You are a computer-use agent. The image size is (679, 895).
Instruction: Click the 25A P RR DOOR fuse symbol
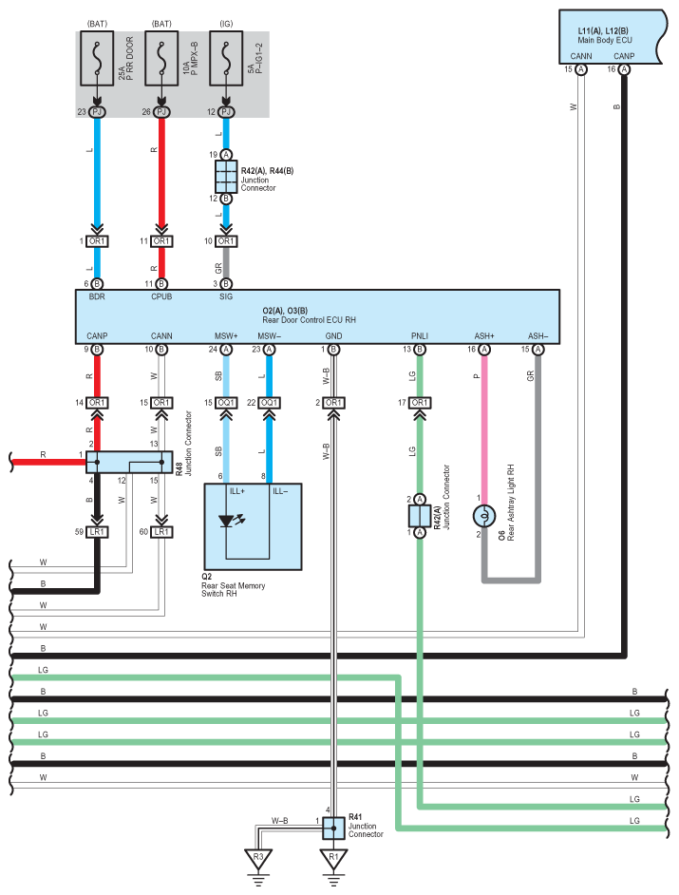coord(97,58)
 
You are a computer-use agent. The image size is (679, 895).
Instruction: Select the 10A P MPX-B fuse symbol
coord(161,58)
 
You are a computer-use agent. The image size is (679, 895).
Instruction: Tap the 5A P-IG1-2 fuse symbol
coord(226,58)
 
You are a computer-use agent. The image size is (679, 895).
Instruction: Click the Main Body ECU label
coord(605,40)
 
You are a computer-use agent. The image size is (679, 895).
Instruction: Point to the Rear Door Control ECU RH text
coord(309,320)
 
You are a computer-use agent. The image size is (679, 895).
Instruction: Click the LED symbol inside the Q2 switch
coord(231,520)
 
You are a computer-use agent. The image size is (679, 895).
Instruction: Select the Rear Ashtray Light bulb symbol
coord(484,516)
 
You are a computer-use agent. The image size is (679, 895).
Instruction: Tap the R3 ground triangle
coord(258,858)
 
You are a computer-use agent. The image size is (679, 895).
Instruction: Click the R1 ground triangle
coord(333,858)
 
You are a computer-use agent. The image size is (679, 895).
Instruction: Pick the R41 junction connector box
coord(333,828)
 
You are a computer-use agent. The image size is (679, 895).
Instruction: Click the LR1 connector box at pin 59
coord(97,532)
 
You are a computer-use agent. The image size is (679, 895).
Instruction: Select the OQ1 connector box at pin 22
coord(270,403)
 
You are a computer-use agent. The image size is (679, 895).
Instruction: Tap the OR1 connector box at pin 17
coord(420,403)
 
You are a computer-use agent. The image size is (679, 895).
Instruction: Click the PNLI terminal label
coord(420,336)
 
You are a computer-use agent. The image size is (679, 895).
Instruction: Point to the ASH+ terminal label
coord(484,336)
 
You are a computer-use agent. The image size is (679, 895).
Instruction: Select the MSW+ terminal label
coord(226,336)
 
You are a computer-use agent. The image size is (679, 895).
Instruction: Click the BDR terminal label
coord(97,296)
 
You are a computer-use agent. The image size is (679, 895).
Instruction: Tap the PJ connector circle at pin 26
coord(161,112)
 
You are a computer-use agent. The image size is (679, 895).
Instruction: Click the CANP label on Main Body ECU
coord(624,56)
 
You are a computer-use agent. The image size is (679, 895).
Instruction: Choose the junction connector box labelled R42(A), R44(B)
coord(226,177)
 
